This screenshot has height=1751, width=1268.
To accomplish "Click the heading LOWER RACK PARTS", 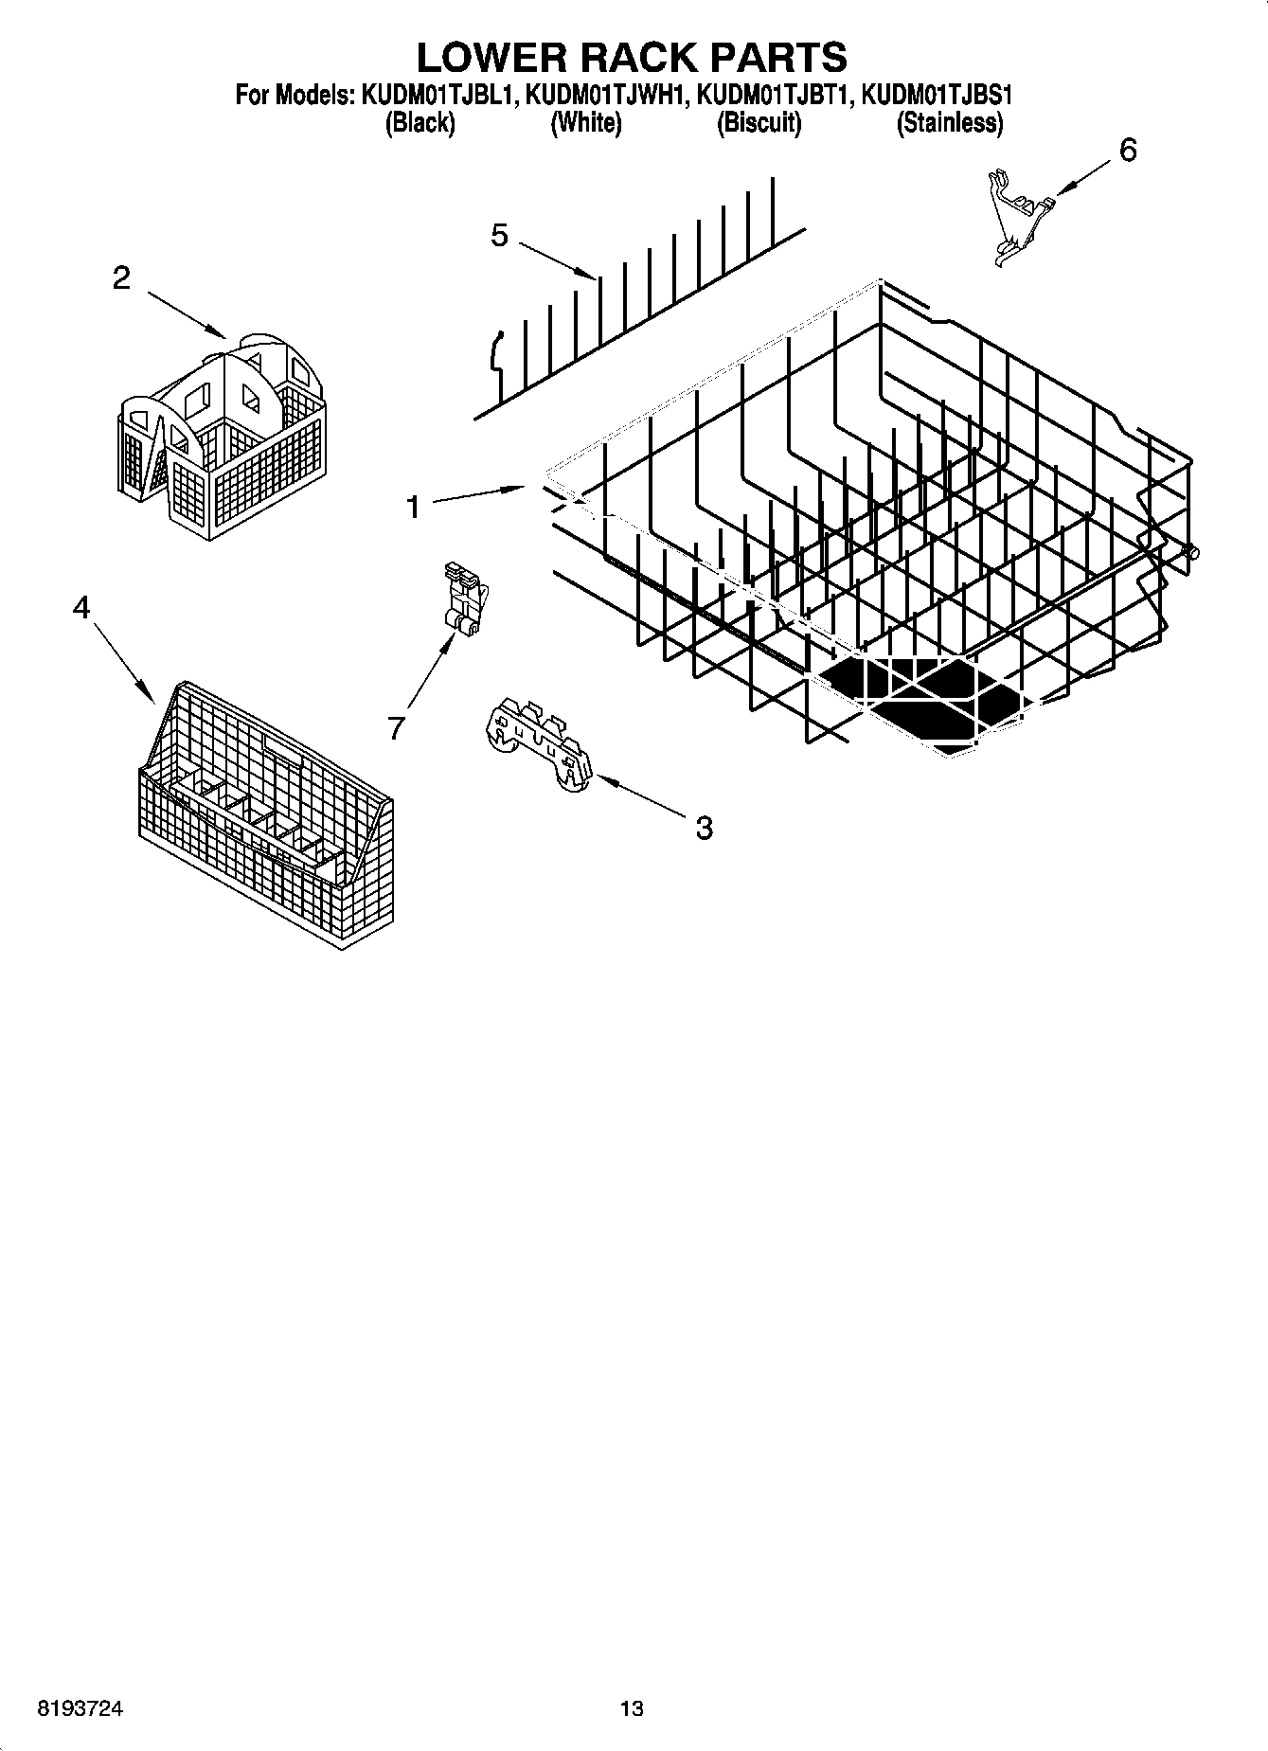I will coord(632,58).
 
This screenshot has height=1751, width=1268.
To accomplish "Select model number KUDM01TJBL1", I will coord(438,96).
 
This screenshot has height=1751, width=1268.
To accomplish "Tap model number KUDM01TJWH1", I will coord(606,96).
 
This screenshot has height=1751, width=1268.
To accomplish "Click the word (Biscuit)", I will coord(759,123).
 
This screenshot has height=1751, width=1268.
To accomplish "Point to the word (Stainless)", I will coord(950,123).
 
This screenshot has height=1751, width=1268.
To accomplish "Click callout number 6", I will coord(1127,151).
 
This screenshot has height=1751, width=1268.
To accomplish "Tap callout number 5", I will coord(500,236).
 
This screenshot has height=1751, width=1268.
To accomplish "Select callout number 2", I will coord(121,278).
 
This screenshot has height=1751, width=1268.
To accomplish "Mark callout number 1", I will coord(413,509).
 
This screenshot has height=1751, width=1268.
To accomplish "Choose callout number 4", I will coord(81,607).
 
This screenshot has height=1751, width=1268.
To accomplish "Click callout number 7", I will coord(396,727).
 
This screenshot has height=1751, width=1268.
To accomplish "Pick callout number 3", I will coord(704,828).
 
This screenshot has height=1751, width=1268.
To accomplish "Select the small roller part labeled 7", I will coord(464,599).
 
